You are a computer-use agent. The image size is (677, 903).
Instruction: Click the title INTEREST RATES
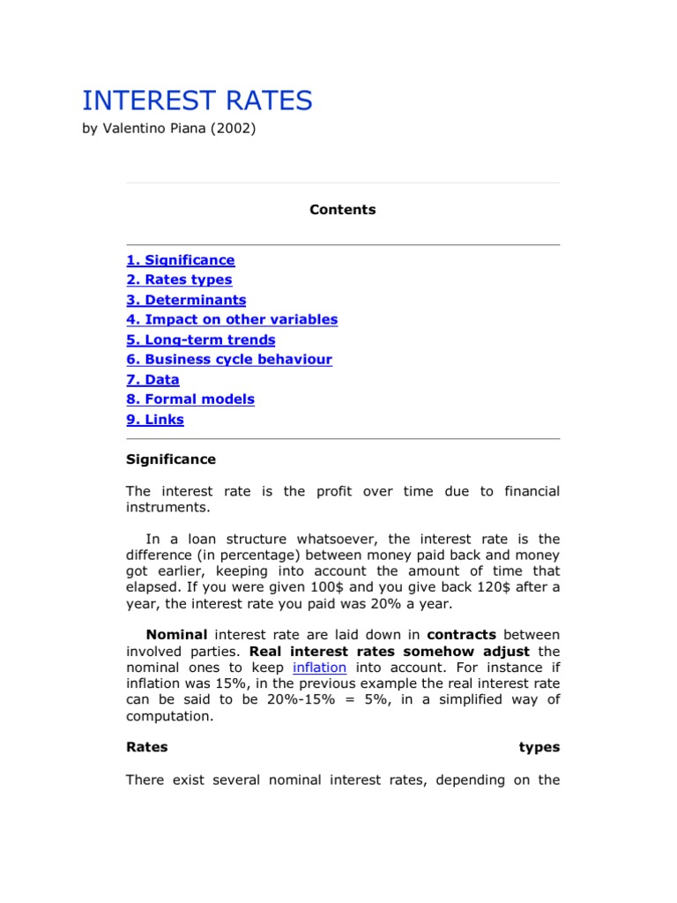click(197, 101)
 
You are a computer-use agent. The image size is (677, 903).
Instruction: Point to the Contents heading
click(342, 210)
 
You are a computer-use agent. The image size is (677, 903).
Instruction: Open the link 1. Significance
click(180, 260)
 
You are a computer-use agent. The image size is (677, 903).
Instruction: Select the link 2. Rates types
click(179, 280)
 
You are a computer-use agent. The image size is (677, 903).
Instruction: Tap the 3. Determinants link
click(186, 300)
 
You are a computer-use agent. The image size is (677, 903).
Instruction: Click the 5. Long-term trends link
click(200, 340)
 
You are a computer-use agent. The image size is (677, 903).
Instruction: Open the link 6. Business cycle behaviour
click(229, 360)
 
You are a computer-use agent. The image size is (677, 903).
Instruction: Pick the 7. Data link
click(153, 380)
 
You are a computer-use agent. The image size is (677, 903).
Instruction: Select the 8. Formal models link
click(190, 399)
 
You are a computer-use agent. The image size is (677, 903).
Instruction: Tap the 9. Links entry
click(155, 420)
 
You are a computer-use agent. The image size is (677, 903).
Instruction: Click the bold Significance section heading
click(170, 459)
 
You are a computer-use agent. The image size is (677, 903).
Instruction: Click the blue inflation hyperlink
click(320, 668)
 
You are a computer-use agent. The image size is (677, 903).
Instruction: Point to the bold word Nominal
click(176, 635)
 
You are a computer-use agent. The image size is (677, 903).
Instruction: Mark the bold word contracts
click(461, 635)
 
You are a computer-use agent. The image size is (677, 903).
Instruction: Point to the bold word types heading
click(539, 747)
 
